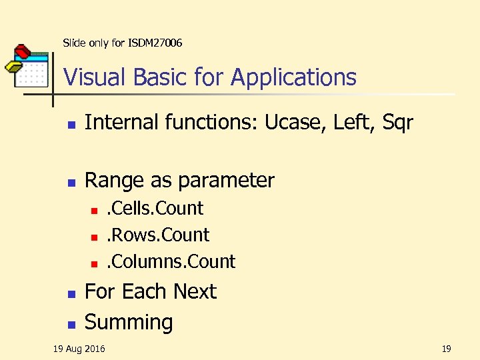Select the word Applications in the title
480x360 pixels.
tap(294, 78)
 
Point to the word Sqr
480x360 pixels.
tap(397, 123)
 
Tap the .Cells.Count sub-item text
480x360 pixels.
tap(155, 208)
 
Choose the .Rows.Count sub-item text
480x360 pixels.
tap(159, 235)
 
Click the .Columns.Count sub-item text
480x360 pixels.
tap(171, 261)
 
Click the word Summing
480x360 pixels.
tap(129, 322)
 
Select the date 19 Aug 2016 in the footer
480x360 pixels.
tap(79, 349)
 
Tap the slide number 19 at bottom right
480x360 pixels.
tap(446, 349)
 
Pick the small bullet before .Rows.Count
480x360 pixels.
tap(95, 237)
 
